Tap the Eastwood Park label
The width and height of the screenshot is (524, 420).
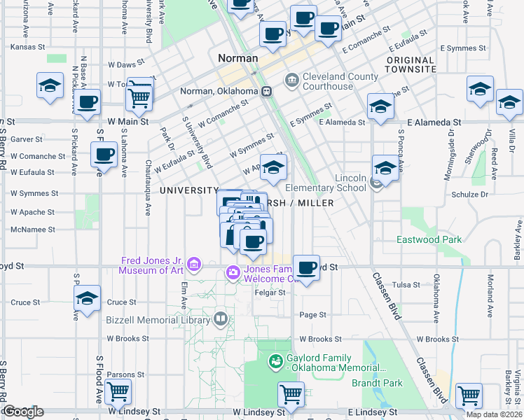(429, 239)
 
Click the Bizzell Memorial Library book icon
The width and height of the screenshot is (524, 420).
(221, 319)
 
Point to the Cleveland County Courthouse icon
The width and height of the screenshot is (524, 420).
(291, 81)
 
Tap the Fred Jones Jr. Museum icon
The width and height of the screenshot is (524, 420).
(194, 265)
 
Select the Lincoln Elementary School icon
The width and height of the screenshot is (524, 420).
(377, 183)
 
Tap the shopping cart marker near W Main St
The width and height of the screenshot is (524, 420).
(139, 96)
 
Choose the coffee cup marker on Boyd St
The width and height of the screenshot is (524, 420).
(306, 266)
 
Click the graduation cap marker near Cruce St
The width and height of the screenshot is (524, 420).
(88, 298)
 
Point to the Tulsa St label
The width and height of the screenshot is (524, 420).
(406, 285)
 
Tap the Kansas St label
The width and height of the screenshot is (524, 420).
(28, 47)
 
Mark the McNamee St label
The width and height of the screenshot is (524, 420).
(27, 229)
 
